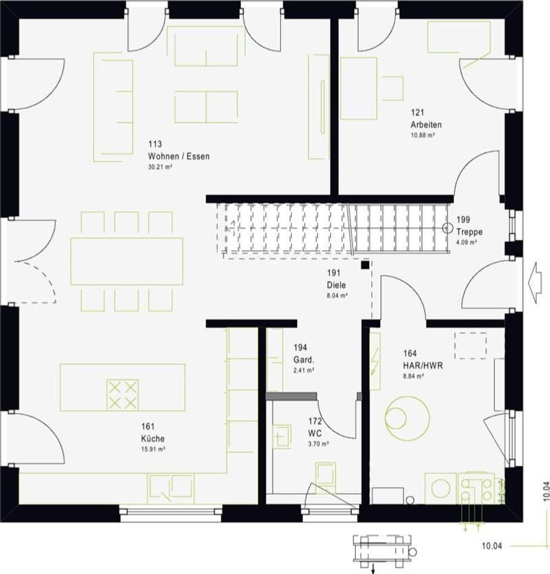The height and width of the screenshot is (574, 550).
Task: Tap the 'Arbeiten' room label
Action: [x=425, y=125]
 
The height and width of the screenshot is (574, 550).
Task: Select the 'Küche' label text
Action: [x=153, y=439]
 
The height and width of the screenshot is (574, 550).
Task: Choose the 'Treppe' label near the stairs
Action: [x=469, y=232]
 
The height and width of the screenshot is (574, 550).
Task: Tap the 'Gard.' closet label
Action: [x=303, y=360]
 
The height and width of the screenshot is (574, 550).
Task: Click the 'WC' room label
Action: [x=314, y=433]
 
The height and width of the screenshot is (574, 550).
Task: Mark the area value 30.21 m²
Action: [x=160, y=167]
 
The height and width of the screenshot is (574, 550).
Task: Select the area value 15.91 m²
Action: [x=153, y=449]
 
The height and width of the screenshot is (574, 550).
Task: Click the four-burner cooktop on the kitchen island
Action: [x=122, y=395]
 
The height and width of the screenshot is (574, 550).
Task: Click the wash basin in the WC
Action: [x=282, y=436]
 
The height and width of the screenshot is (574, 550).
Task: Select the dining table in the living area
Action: [x=126, y=261]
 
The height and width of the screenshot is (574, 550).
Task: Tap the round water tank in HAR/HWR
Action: [x=407, y=418]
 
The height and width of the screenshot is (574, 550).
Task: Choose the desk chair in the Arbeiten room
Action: [x=393, y=89]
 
